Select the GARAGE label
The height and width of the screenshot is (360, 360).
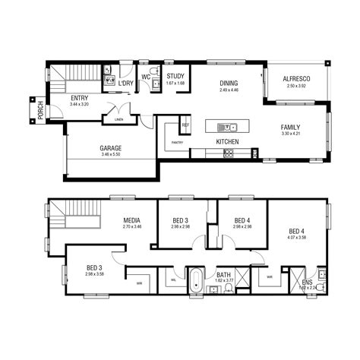coord(111,148)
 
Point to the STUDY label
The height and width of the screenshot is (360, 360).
coord(175,76)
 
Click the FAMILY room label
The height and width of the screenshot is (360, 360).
coord(291,127)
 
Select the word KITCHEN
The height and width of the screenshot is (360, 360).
coord(228,142)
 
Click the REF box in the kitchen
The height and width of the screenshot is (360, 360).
coord(185,125)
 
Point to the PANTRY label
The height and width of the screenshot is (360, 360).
coord(178,142)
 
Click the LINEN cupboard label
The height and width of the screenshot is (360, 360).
coord(118,119)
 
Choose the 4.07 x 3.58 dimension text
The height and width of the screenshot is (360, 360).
coord(297,238)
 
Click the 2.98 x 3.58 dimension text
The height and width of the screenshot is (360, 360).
coord(94,274)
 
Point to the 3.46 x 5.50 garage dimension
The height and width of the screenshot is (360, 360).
coord(111,154)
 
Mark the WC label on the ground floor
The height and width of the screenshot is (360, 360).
coord(145,75)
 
